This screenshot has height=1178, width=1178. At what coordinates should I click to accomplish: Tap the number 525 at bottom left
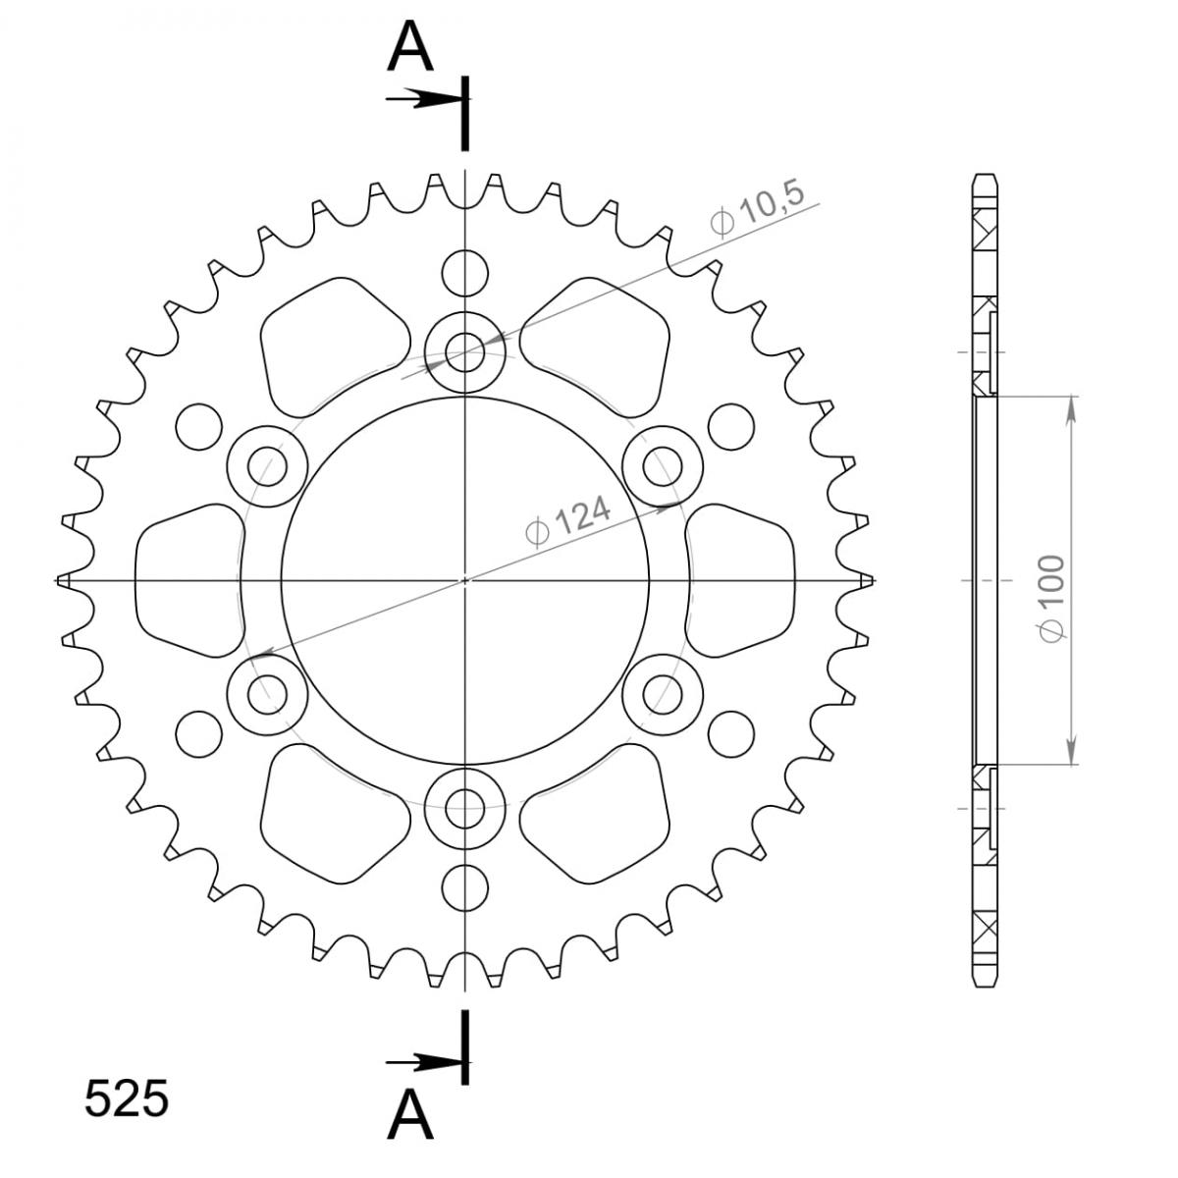click(x=126, y=1098)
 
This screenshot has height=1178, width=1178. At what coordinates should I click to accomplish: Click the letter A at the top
click(x=410, y=46)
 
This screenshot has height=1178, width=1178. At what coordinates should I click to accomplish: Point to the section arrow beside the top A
click(x=422, y=98)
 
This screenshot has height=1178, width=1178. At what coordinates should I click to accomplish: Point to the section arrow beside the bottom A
click(x=422, y=1063)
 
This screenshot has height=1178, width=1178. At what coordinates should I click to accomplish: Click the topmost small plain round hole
click(x=464, y=273)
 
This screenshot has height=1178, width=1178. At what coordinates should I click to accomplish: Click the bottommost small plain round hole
click(x=464, y=888)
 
